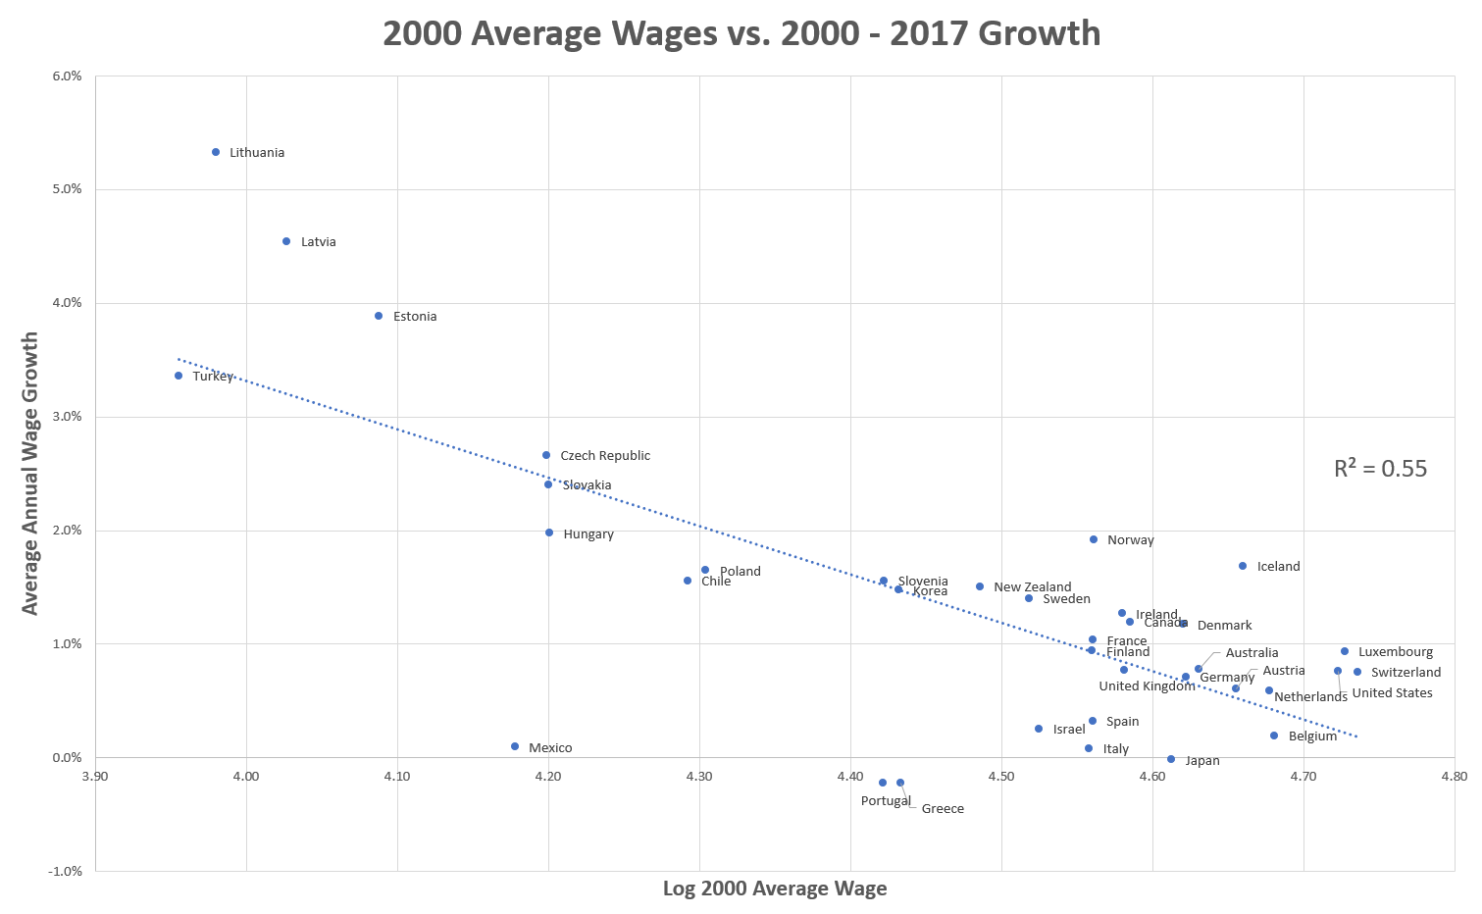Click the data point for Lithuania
point(216,152)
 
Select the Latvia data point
point(286,241)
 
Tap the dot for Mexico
point(515,746)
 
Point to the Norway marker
point(1094,539)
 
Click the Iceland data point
point(1243,566)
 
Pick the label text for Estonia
point(415,317)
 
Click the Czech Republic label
point(605,456)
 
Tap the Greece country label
point(943,809)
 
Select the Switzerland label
point(1405,673)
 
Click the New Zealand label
point(1032,587)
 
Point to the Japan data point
point(1171,759)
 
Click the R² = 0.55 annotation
point(1380,469)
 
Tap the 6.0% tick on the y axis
point(67,76)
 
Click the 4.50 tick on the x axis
point(1001,777)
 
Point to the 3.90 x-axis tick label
point(95,777)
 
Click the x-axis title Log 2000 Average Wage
point(775,889)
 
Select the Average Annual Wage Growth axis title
point(30,474)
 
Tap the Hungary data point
point(549,533)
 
